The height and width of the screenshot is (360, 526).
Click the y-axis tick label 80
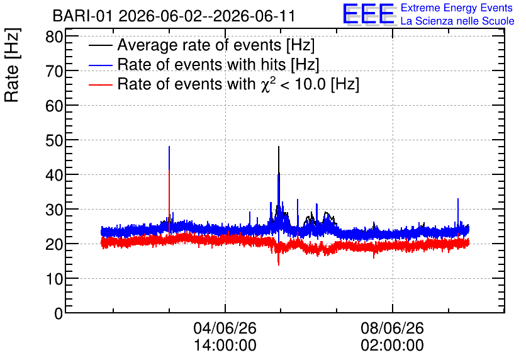(54, 37)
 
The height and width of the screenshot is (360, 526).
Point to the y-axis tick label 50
(54, 140)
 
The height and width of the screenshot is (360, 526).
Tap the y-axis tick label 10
(54, 278)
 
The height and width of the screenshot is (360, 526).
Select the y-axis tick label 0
(59, 313)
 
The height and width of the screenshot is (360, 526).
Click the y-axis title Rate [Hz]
(12, 65)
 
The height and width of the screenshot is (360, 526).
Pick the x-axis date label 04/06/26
(225, 328)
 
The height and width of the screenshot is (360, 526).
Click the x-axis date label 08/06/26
(392, 328)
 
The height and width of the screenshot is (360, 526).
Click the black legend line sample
(101, 45)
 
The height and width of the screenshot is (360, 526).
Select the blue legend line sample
(101, 65)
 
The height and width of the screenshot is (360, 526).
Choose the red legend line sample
(101, 84)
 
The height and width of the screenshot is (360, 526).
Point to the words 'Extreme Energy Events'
(457, 8)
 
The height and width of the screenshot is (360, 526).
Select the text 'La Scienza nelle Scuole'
(457, 21)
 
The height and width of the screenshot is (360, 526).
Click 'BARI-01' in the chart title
(82, 16)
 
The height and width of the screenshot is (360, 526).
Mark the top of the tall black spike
(279, 147)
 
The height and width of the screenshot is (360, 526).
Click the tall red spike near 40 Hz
(169, 201)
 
